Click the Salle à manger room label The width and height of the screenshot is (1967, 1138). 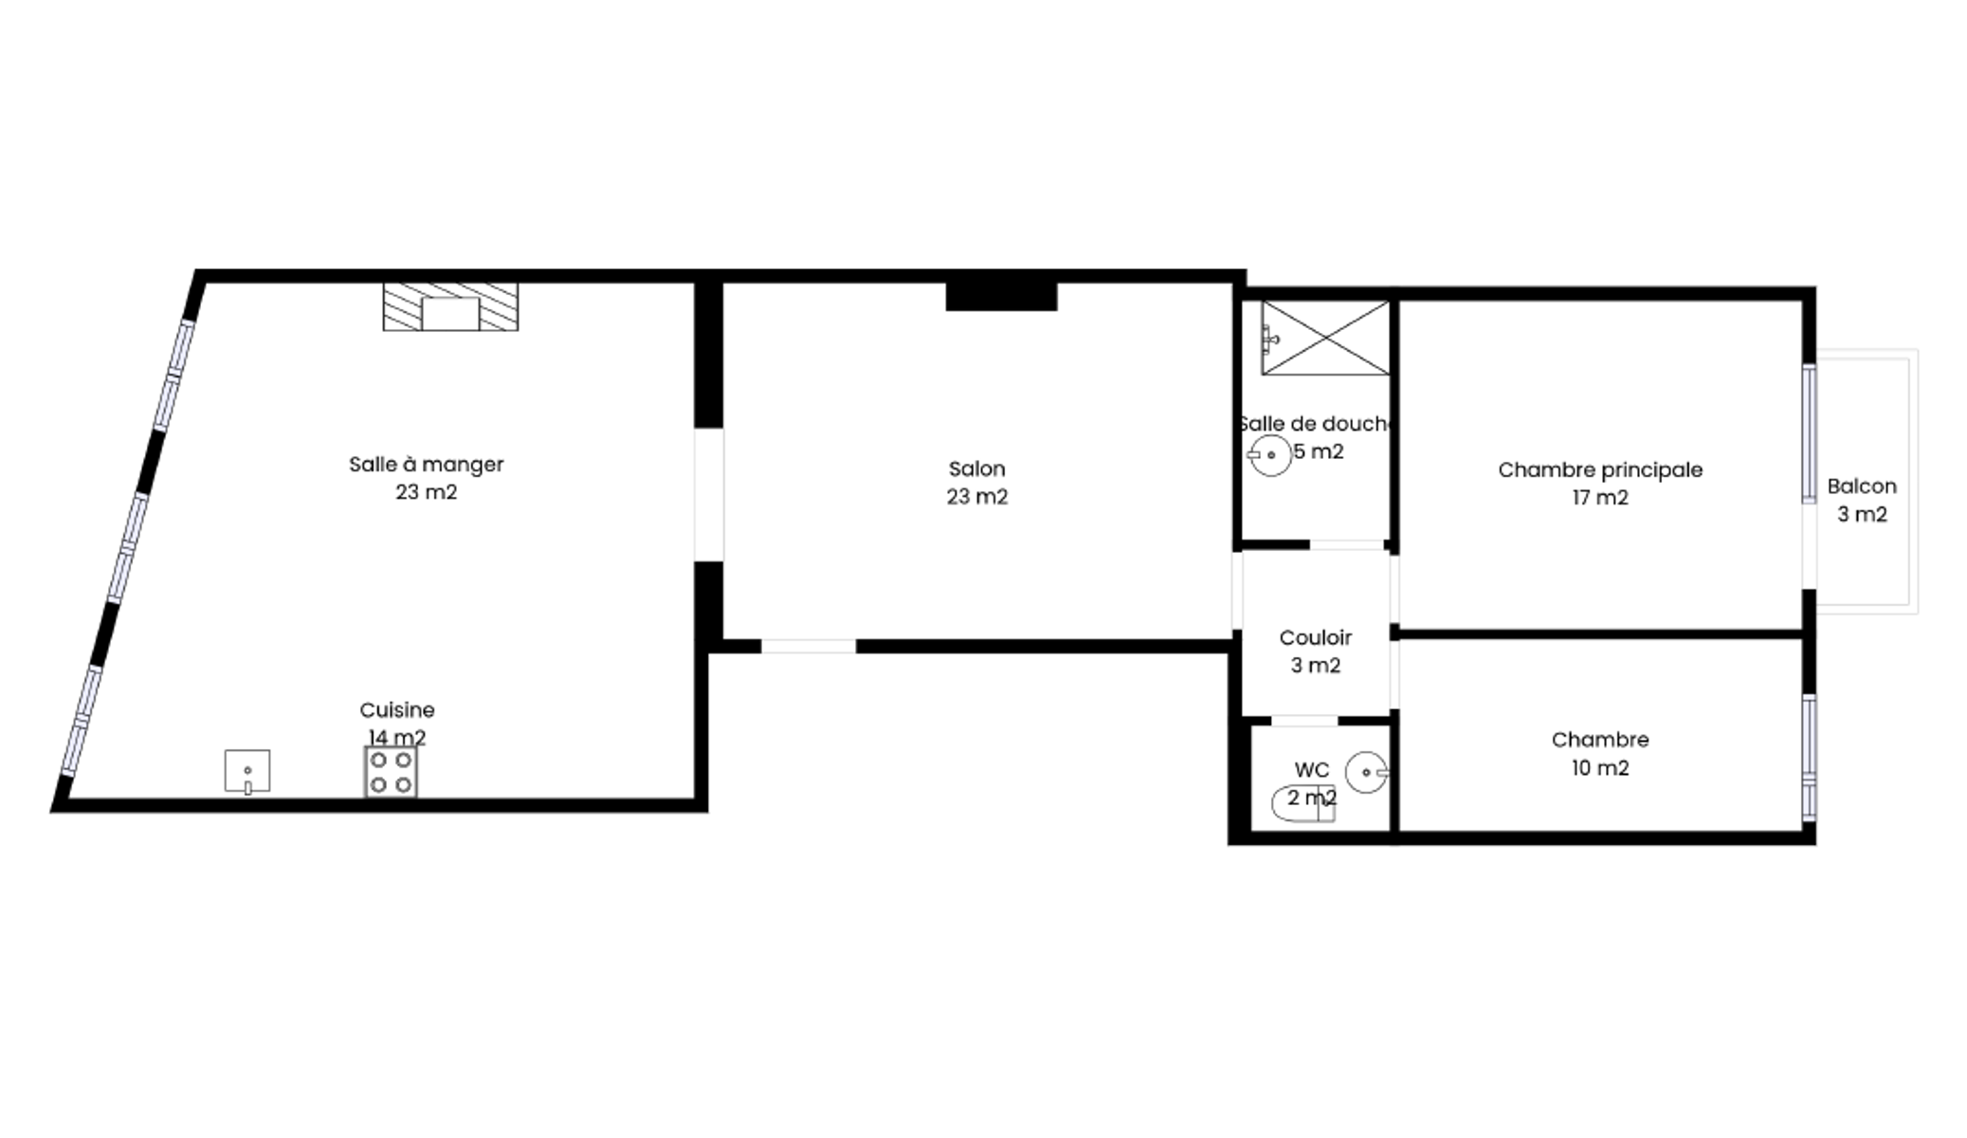coord(426,465)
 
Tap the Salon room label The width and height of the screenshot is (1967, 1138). coord(976,468)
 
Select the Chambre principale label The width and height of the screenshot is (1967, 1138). coord(1600,469)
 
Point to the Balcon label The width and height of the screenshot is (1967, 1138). coord(1862,486)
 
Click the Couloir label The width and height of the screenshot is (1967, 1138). coord(1315,637)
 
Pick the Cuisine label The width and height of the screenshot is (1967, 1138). coord(397,709)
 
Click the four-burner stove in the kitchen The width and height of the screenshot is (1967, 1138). coord(391,772)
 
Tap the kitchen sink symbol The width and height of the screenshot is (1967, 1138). coord(247,771)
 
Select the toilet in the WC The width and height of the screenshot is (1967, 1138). coord(1303,803)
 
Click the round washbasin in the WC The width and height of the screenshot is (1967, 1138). coord(1366,773)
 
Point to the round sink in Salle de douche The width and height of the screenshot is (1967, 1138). coord(1270,455)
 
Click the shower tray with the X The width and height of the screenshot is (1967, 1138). coord(1325,338)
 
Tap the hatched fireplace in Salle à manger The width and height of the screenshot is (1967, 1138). coord(450,306)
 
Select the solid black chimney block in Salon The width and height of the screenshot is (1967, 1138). coord(1001,296)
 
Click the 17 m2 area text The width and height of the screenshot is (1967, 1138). coord(1600,498)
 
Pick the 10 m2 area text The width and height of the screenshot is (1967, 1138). coord(1600,768)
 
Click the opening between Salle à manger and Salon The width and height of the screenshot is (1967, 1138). coord(709,494)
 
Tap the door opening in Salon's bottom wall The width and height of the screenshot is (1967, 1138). coord(809,646)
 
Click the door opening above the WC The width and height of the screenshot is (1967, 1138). coord(1303,721)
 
